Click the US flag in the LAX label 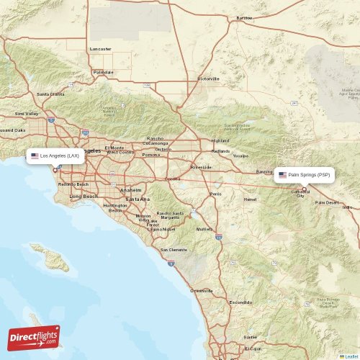pyautogui.click(x=35, y=156)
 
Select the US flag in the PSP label pyautogui.click(x=282, y=175)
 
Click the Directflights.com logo pyautogui.click(x=34, y=338)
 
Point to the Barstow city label pyautogui.click(x=245, y=17)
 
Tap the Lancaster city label pyautogui.click(x=101, y=49)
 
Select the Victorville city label pyautogui.click(x=208, y=78)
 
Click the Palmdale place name pyautogui.click(x=104, y=72)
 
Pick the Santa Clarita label pyautogui.click(x=50, y=94)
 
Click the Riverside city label pyautogui.click(x=200, y=166)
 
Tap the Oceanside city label pyautogui.click(x=201, y=290)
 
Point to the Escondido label pyautogui.click(x=240, y=303)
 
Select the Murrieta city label pyautogui.click(x=205, y=229)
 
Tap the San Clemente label pyautogui.click(x=174, y=250)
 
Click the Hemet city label pyautogui.click(x=250, y=199)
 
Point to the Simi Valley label pyautogui.click(x=27, y=114)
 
